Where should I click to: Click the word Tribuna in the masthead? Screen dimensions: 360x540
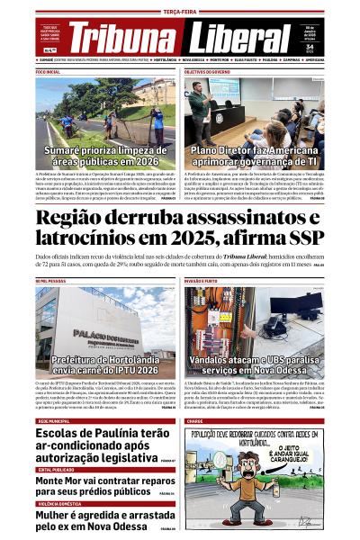click(x=121, y=39)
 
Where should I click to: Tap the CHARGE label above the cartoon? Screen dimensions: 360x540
click(x=194, y=421)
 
